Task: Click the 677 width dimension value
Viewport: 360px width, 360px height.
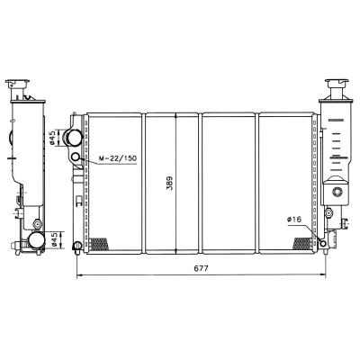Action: (201, 268)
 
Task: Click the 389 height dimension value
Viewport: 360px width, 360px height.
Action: (170, 184)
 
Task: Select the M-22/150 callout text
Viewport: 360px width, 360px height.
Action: (118, 158)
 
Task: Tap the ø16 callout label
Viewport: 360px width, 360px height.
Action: (293, 220)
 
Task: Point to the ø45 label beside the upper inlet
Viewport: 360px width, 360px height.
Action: (52, 138)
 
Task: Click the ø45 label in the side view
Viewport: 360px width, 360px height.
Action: (54, 240)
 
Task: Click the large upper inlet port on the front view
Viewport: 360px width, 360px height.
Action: (74, 138)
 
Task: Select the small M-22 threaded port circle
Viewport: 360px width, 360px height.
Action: (76, 157)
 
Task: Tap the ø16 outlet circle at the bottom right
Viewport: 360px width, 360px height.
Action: (323, 243)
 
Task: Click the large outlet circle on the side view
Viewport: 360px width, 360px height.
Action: (36, 240)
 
